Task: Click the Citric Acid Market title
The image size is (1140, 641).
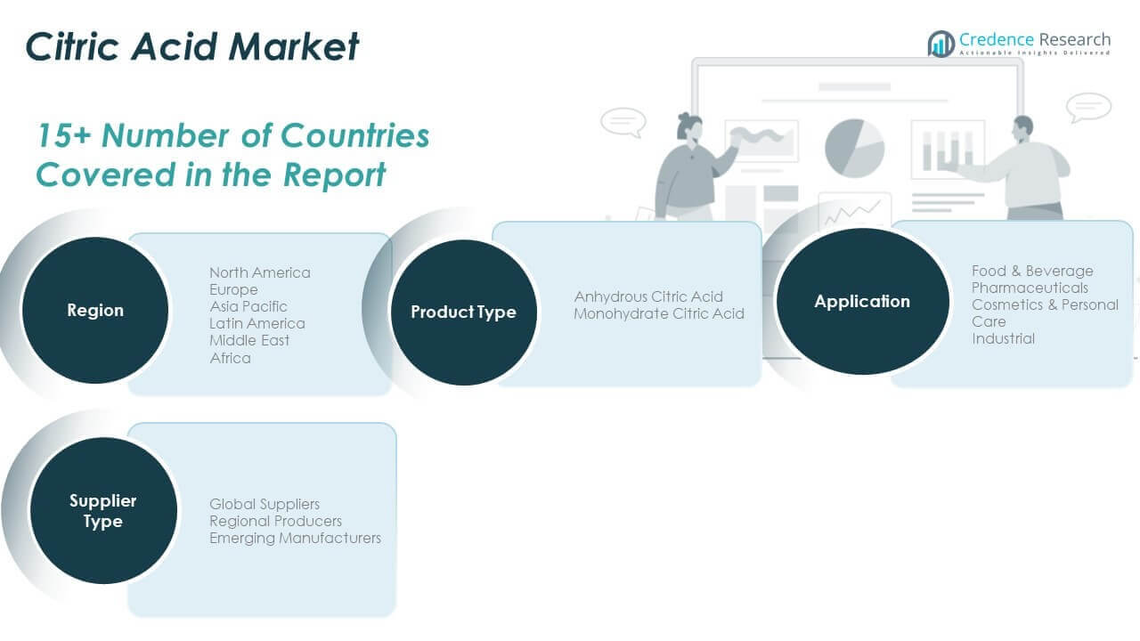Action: [192, 46]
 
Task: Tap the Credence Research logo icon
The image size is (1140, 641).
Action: [940, 43]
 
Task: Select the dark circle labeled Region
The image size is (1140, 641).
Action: [95, 311]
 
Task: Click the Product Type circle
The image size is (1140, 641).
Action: [463, 312]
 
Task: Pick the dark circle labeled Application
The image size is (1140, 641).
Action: [862, 302]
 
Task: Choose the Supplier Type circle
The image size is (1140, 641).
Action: [103, 511]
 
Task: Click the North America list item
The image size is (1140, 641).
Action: [260, 272]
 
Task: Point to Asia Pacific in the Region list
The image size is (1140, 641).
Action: [248, 306]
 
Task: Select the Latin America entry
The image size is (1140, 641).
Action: [257, 323]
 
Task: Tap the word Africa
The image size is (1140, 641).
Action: [230, 358]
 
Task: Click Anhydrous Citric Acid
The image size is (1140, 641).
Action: [648, 296]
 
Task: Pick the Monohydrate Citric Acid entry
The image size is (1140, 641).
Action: [659, 313]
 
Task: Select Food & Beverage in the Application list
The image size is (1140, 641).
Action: [1032, 271]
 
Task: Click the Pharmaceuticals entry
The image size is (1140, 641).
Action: [1030, 288]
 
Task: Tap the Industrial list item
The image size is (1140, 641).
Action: [1003, 338]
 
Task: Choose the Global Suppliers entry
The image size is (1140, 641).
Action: [265, 504]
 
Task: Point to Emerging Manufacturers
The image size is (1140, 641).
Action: [295, 538]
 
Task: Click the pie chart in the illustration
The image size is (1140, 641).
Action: [854, 147]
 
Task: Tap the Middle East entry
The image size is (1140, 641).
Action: [249, 340]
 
